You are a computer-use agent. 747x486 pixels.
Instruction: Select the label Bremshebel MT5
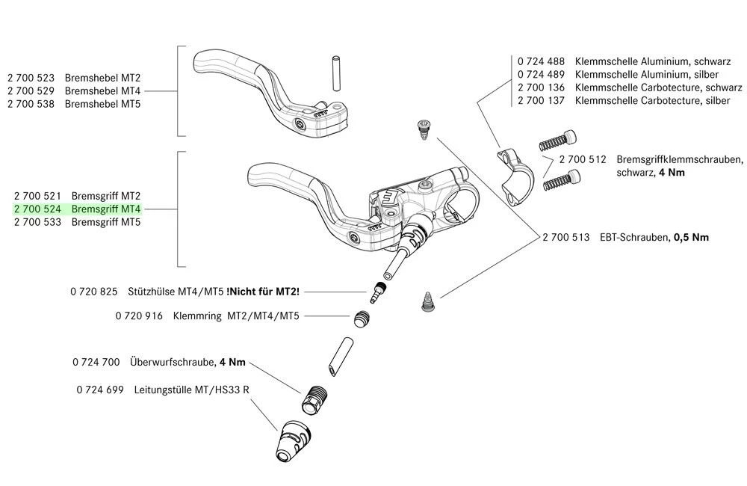pos(103,103)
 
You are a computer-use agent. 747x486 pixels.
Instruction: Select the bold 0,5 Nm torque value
pos(691,237)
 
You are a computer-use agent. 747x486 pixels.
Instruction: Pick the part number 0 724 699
pos(101,390)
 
